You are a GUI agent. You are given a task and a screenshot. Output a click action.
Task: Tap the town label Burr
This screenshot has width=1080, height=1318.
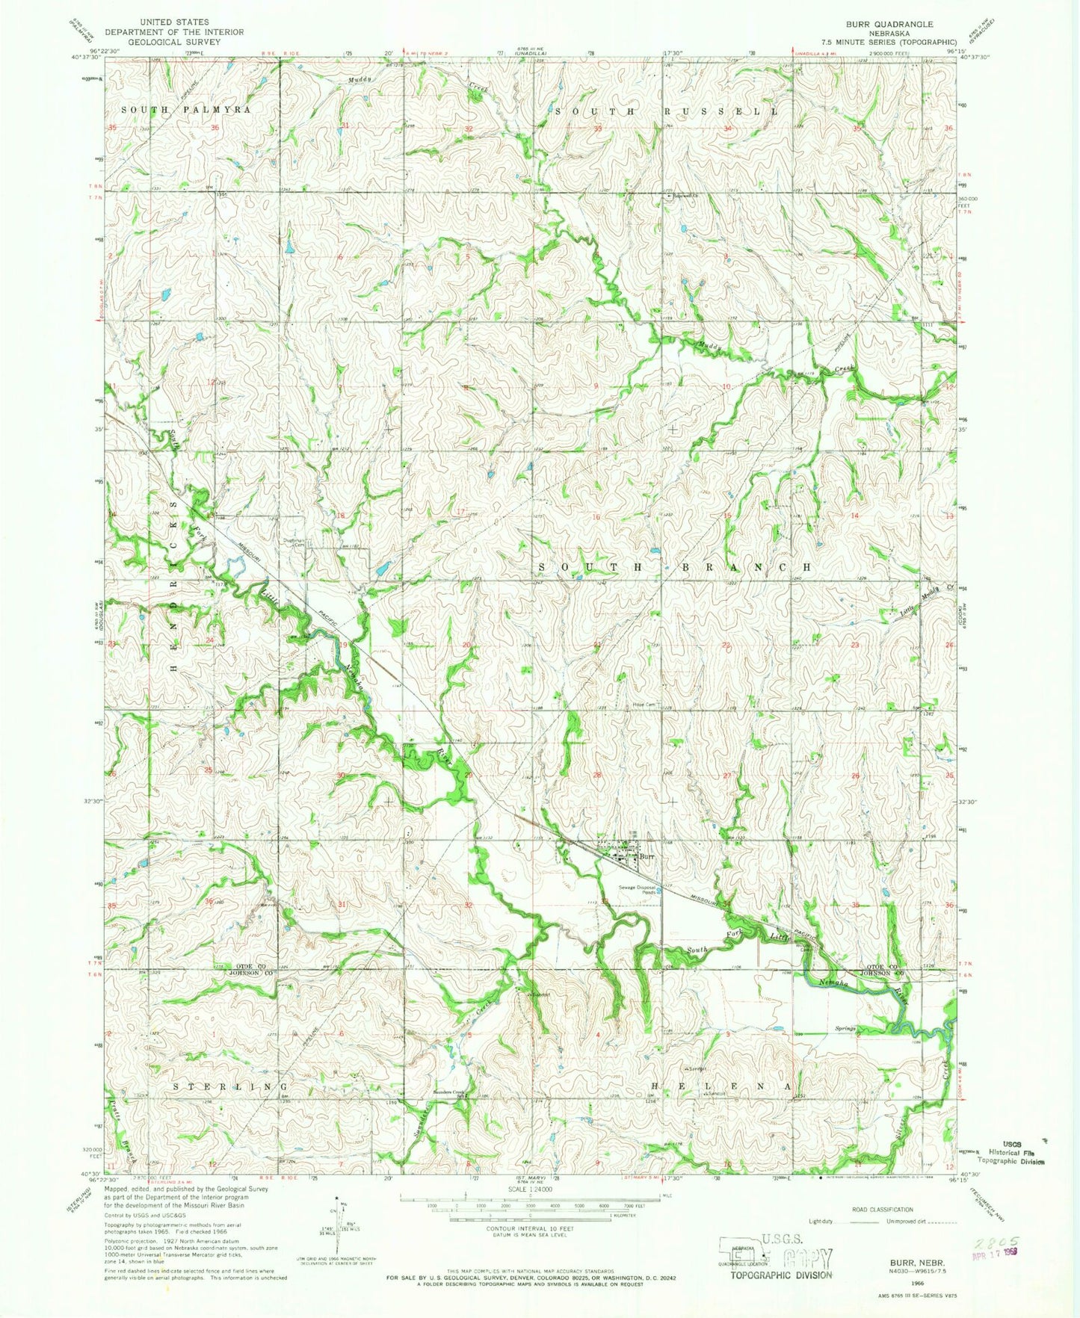(647, 857)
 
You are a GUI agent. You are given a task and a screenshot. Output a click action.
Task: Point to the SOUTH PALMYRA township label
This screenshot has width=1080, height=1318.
(185, 110)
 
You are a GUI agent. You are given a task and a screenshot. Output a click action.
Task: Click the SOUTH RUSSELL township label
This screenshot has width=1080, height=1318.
(665, 111)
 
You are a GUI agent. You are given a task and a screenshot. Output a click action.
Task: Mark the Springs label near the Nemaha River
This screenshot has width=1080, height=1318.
(845, 1028)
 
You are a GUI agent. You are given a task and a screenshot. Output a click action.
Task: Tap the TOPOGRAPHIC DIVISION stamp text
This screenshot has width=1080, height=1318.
(780, 1275)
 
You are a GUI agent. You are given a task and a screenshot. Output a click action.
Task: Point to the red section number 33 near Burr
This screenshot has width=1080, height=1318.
(604, 903)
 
